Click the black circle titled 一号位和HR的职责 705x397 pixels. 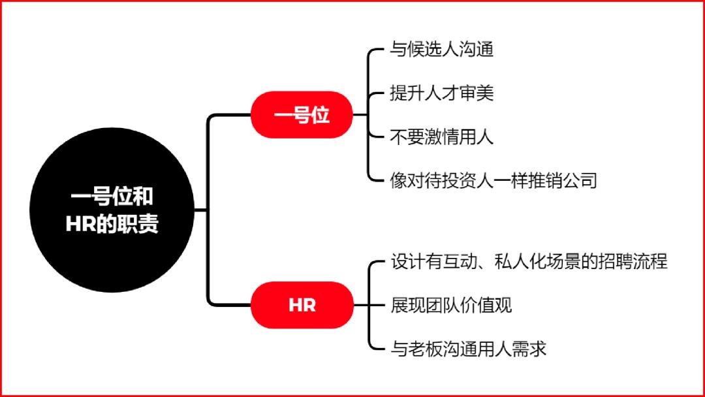pyautogui.click(x=112, y=210)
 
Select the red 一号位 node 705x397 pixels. pyautogui.click(x=302, y=115)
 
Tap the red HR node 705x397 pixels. pyautogui.click(x=302, y=305)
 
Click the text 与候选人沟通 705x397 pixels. pyautogui.click(x=441, y=49)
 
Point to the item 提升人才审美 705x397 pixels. pyautogui.click(x=441, y=93)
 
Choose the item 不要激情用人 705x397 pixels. pyautogui.click(x=441, y=136)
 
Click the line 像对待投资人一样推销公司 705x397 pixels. pyautogui.click(x=493, y=181)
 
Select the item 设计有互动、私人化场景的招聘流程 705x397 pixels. pyautogui.click(x=529, y=261)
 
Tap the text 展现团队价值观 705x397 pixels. pyautogui.click(x=451, y=306)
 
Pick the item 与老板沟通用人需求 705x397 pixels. pyautogui.click(x=468, y=349)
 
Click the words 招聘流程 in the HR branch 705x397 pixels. pyautogui.click(x=633, y=261)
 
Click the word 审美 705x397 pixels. pyautogui.click(x=477, y=93)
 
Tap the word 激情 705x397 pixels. pyautogui.click(x=441, y=136)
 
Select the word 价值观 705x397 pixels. pyautogui.click(x=486, y=306)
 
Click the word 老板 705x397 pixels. pyautogui.click(x=425, y=349)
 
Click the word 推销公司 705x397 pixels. pyautogui.click(x=563, y=181)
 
